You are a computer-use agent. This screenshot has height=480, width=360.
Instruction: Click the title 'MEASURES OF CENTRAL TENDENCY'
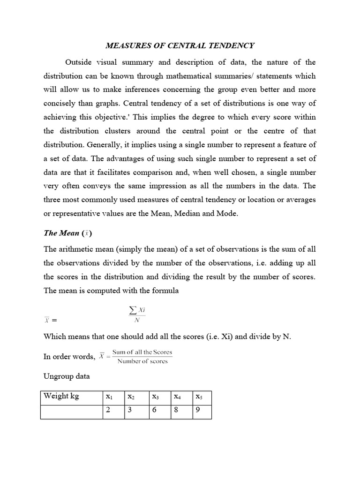click(180, 45)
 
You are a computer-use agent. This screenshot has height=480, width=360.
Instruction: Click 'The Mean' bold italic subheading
click(61, 233)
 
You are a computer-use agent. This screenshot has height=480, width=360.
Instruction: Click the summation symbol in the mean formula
click(133, 310)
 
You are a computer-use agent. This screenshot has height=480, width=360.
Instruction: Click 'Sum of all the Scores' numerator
click(142, 352)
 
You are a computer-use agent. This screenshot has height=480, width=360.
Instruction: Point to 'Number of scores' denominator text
click(142, 361)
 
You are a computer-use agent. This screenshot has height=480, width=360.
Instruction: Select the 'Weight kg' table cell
click(71, 397)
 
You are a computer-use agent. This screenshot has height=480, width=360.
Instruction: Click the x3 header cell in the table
click(159, 397)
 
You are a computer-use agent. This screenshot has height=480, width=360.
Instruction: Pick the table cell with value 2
click(113, 412)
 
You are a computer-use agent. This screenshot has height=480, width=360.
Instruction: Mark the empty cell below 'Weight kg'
click(71, 412)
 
